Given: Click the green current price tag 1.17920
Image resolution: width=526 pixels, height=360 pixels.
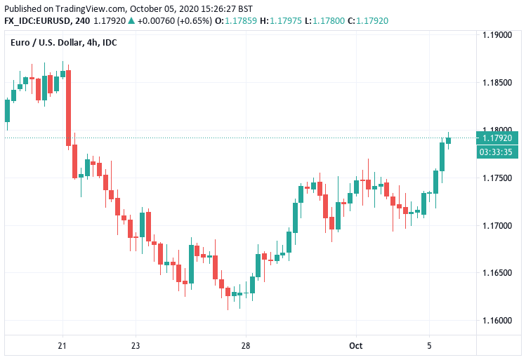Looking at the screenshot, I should coord(497,138).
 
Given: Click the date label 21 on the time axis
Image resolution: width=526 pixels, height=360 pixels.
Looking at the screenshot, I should coord(63,345).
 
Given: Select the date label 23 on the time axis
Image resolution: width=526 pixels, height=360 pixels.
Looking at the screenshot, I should coord(136,345).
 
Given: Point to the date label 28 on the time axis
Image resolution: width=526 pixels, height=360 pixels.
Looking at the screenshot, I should coord(245,345).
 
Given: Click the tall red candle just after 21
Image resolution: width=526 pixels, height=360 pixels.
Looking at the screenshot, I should coord(68,109).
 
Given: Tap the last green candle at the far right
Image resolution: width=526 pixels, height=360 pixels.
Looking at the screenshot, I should coord(449,140).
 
